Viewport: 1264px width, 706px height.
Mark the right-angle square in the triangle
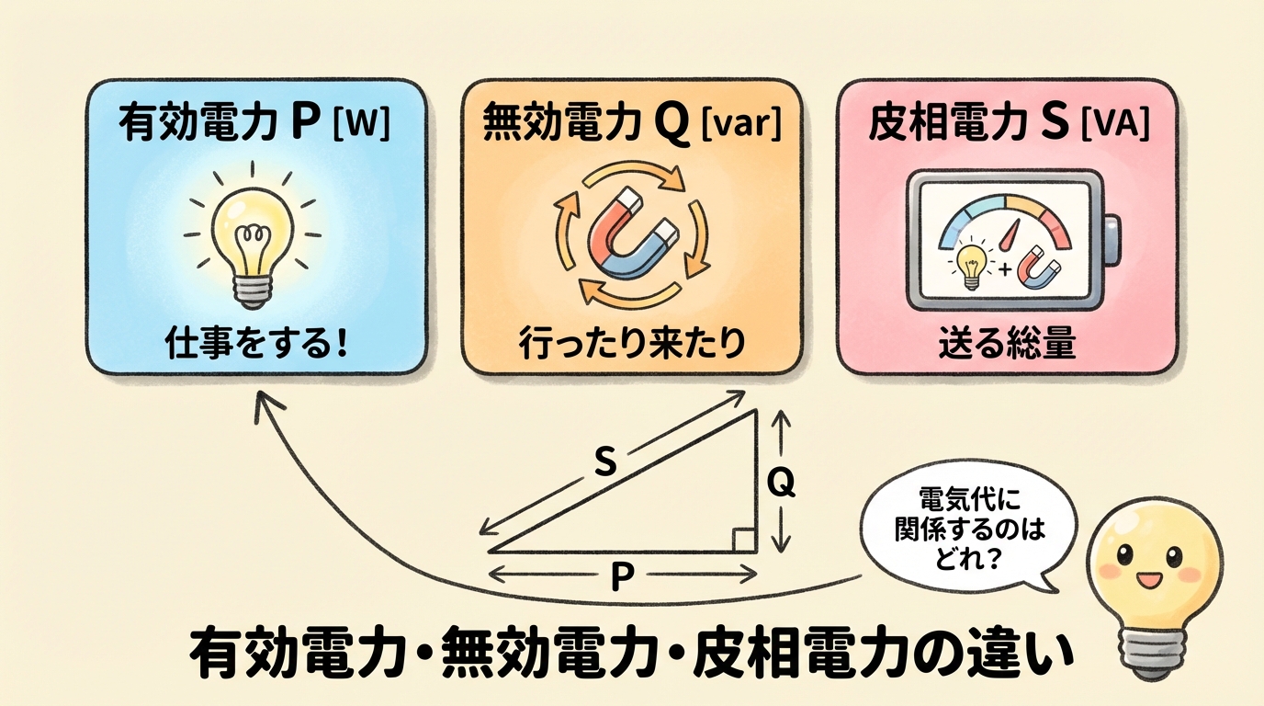tap(745, 541)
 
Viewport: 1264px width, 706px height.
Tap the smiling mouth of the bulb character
tap(1150, 582)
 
